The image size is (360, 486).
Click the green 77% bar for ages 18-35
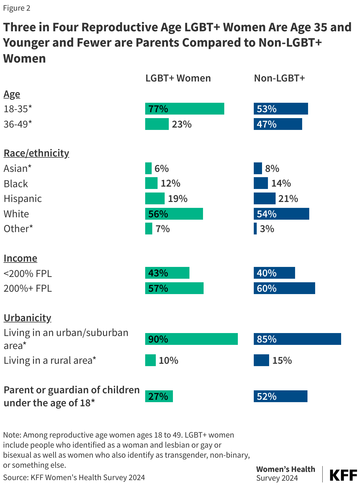(x=184, y=109)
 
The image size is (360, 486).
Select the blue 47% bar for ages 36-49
(x=278, y=124)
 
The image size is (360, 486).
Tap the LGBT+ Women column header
(x=178, y=78)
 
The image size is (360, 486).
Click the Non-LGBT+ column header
(x=279, y=78)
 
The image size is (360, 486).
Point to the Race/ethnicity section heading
(x=36, y=153)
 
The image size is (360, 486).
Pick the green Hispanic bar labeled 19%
(x=155, y=198)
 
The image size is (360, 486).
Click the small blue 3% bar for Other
(x=255, y=229)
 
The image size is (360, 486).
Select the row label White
(x=17, y=214)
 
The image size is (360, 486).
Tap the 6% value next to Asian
(x=161, y=169)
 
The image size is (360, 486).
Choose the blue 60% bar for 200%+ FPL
(x=284, y=288)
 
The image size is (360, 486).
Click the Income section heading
(x=20, y=258)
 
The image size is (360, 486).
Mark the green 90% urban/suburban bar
(x=191, y=339)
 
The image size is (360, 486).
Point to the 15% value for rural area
(x=282, y=361)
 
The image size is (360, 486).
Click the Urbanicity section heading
(x=27, y=318)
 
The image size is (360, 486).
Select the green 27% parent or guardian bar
(x=159, y=396)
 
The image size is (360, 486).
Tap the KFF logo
(x=343, y=475)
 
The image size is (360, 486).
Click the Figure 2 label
(x=17, y=8)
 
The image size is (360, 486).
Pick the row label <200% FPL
(x=28, y=273)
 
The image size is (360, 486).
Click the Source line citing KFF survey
(x=74, y=477)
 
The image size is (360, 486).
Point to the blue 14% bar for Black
(x=261, y=183)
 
